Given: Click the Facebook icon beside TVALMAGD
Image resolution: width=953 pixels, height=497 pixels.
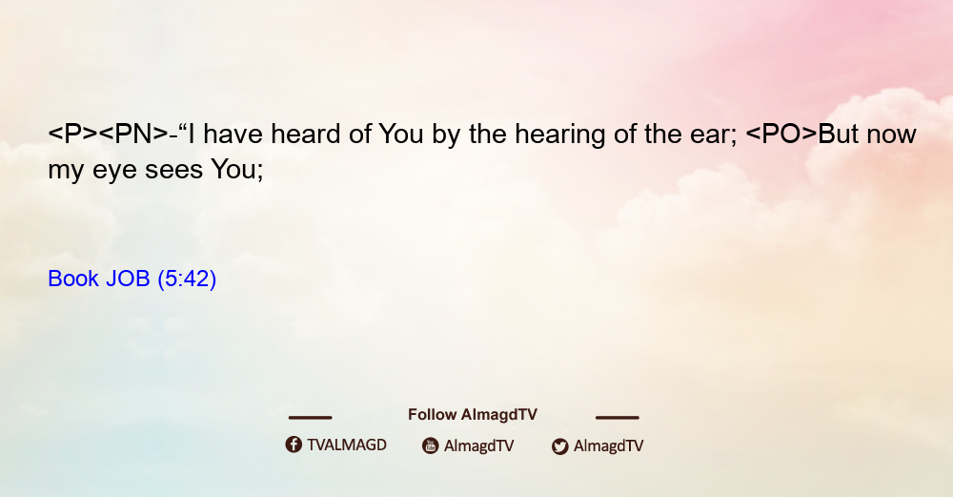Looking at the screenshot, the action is click(x=294, y=445).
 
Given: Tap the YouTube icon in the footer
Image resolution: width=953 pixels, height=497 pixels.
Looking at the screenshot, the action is click(x=431, y=445).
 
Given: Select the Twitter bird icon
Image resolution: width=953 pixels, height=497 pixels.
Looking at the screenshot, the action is click(x=559, y=446).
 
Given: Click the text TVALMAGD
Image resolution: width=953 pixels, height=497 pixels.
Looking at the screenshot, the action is click(x=347, y=445).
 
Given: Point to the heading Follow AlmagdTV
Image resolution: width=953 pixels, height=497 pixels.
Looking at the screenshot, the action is click(x=473, y=414).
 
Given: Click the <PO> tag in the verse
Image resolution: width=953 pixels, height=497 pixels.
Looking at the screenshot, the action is click(x=781, y=134).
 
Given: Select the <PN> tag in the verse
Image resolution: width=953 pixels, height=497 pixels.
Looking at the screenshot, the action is click(x=133, y=134).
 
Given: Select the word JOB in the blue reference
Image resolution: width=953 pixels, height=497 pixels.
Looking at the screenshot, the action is click(x=128, y=279).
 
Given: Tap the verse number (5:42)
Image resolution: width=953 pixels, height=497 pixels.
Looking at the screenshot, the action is click(x=187, y=279).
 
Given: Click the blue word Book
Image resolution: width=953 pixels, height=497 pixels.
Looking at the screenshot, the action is click(x=73, y=279).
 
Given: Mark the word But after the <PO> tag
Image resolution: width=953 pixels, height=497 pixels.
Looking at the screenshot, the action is click(x=838, y=134).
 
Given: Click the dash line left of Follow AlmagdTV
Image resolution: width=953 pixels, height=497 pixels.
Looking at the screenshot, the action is click(x=310, y=417).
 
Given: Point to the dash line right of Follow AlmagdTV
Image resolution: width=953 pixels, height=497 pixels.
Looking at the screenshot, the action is click(x=618, y=417).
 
